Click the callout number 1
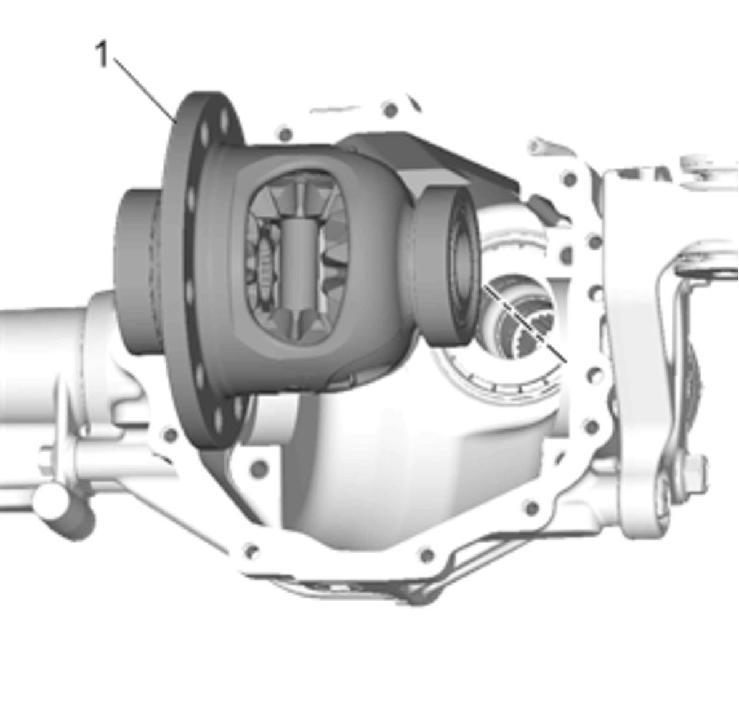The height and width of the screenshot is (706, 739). pyautogui.click(x=102, y=55)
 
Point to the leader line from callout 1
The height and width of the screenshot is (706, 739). pyautogui.click(x=145, y=91)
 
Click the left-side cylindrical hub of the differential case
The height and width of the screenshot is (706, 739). pyautogui.click(x=140, y=272)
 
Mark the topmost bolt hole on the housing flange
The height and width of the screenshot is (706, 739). pyautogui.click(x=390, y=110)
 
